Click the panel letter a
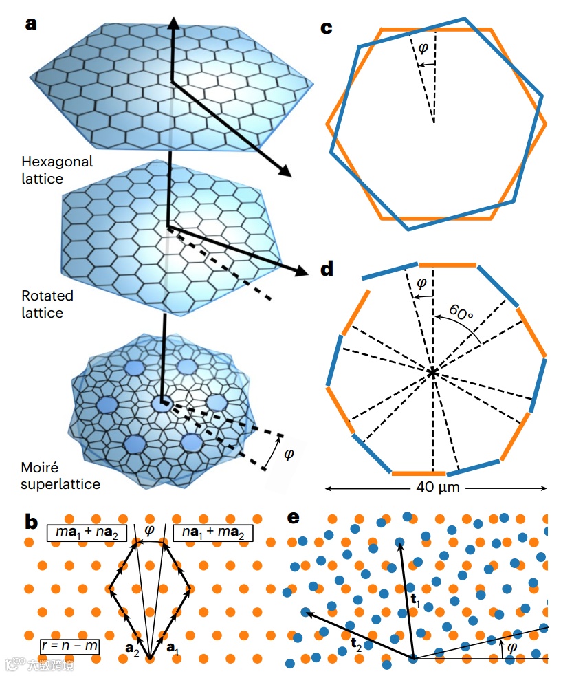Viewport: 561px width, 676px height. point(32,23)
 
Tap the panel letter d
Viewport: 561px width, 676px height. point(328,269)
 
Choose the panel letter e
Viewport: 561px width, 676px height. point(294,518)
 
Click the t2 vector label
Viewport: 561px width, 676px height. point(356,644)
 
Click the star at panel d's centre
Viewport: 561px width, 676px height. point(432,373)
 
